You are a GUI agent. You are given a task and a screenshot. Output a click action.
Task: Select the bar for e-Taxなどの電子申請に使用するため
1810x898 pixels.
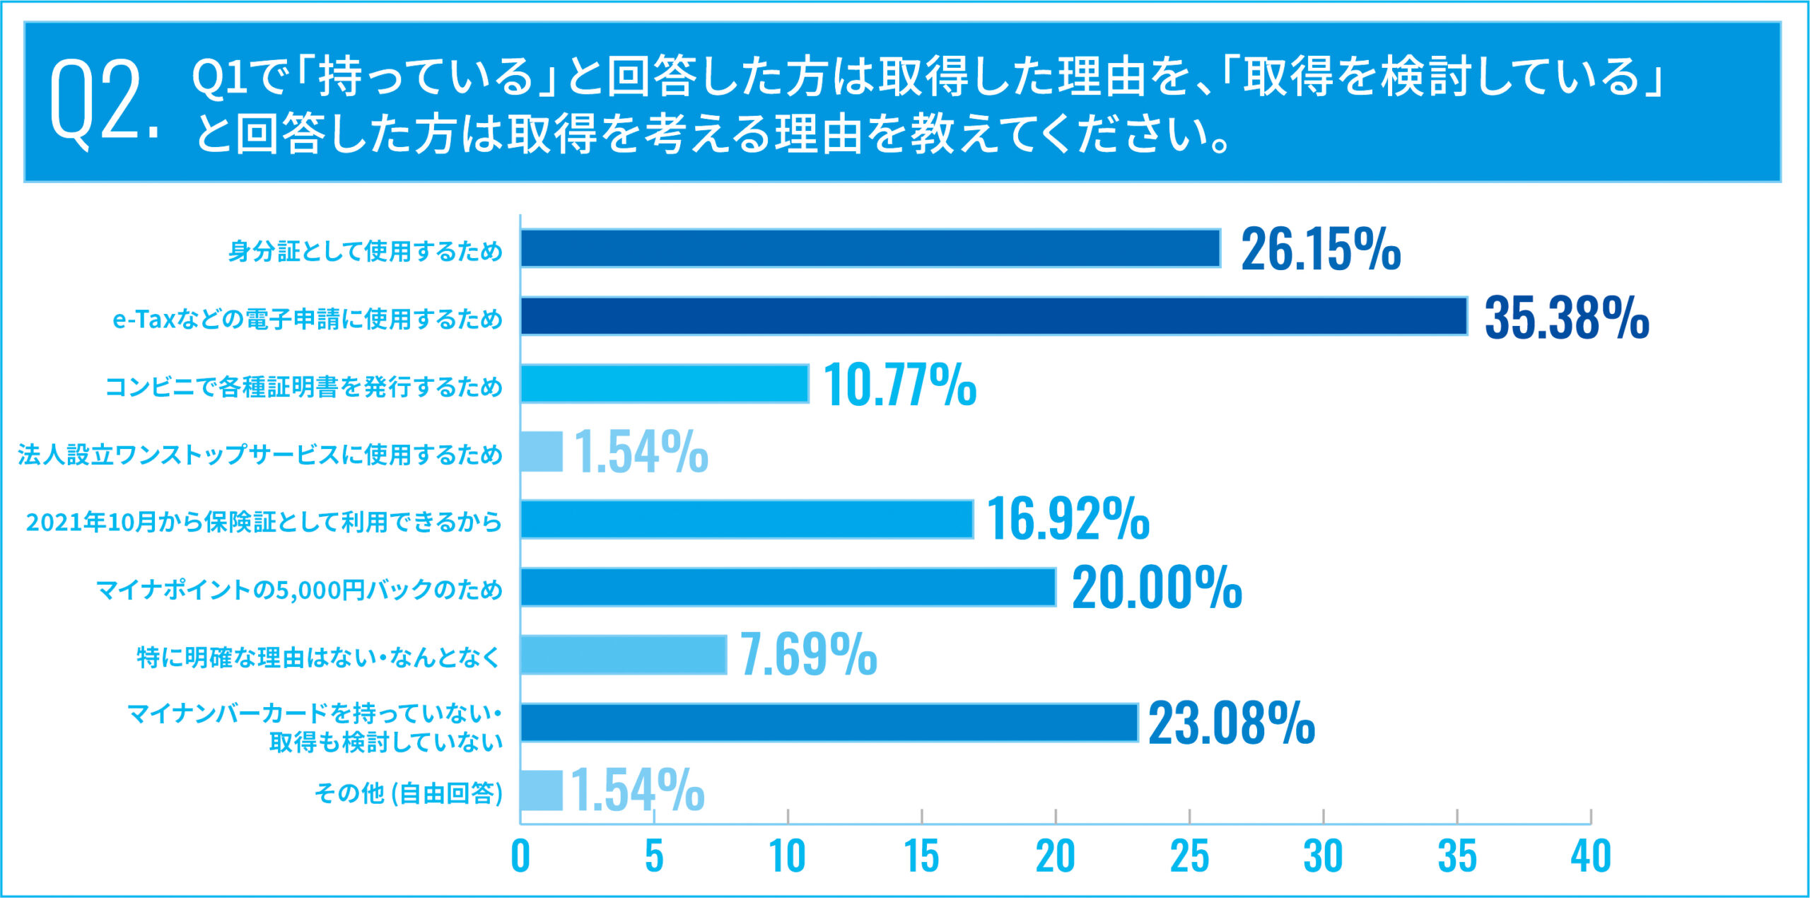tap(993, 315)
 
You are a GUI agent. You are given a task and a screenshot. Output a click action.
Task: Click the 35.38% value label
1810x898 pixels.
tap(1566, 317)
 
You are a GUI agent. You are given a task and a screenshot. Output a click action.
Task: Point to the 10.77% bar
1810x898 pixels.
tap(665, 383)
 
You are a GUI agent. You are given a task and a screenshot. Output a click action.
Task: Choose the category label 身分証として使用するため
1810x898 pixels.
tap(365, 251)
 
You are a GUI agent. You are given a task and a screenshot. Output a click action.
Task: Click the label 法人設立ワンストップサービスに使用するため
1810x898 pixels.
tap(260, 454)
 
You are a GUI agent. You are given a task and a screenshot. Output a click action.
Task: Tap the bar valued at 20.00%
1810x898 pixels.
tap(788, 587)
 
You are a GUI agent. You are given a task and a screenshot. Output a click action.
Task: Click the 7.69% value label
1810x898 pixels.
tap(808, 655)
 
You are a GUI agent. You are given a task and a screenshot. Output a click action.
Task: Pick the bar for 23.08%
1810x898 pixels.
tap(829, 723)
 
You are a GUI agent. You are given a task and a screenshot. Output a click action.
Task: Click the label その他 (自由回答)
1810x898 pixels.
tap(408, 793)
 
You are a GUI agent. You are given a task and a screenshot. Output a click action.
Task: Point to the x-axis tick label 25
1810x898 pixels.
tap(1189, 856)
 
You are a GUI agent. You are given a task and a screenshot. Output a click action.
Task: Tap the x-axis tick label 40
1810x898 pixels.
tap(1591, 856)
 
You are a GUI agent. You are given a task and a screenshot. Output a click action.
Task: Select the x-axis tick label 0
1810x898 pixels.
tap(520, 856)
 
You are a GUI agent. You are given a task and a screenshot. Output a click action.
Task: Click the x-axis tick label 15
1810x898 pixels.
tap(921, 856)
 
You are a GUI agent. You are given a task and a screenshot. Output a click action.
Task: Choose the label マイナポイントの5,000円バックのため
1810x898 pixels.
tap(299, 589)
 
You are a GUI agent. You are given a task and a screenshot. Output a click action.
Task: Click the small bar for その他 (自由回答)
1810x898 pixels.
tap(542, 791)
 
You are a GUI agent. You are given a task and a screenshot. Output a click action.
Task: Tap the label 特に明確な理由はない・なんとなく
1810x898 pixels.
tap(318, 657)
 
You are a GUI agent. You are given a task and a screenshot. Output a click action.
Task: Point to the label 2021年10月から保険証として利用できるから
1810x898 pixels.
tap(264, 522)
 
